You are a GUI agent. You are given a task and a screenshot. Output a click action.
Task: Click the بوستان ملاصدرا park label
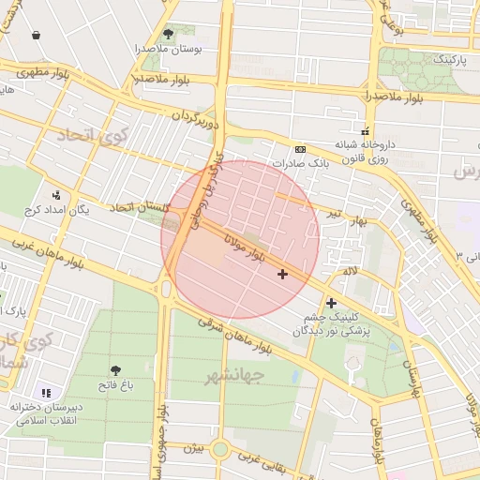[169, 49]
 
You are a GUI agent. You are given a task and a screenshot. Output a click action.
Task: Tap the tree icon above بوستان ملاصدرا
[169, 34]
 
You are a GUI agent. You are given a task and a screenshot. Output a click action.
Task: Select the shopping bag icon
[36, 36]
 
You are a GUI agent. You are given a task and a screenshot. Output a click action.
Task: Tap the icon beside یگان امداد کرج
[57, 195]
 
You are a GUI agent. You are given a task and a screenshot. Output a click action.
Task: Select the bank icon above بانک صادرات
[300, 149]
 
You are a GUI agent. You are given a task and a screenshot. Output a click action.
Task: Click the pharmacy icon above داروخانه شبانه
[366, 131]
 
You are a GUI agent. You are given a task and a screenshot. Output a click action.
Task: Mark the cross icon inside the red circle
[282, 274]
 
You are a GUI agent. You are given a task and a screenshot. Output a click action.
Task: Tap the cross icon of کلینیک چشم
[331, 303]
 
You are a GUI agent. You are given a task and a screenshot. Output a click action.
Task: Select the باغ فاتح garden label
[116, 385]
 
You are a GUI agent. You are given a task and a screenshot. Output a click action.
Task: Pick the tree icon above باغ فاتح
[115, 371]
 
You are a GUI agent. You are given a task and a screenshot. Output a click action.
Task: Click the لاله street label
[351, 270]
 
